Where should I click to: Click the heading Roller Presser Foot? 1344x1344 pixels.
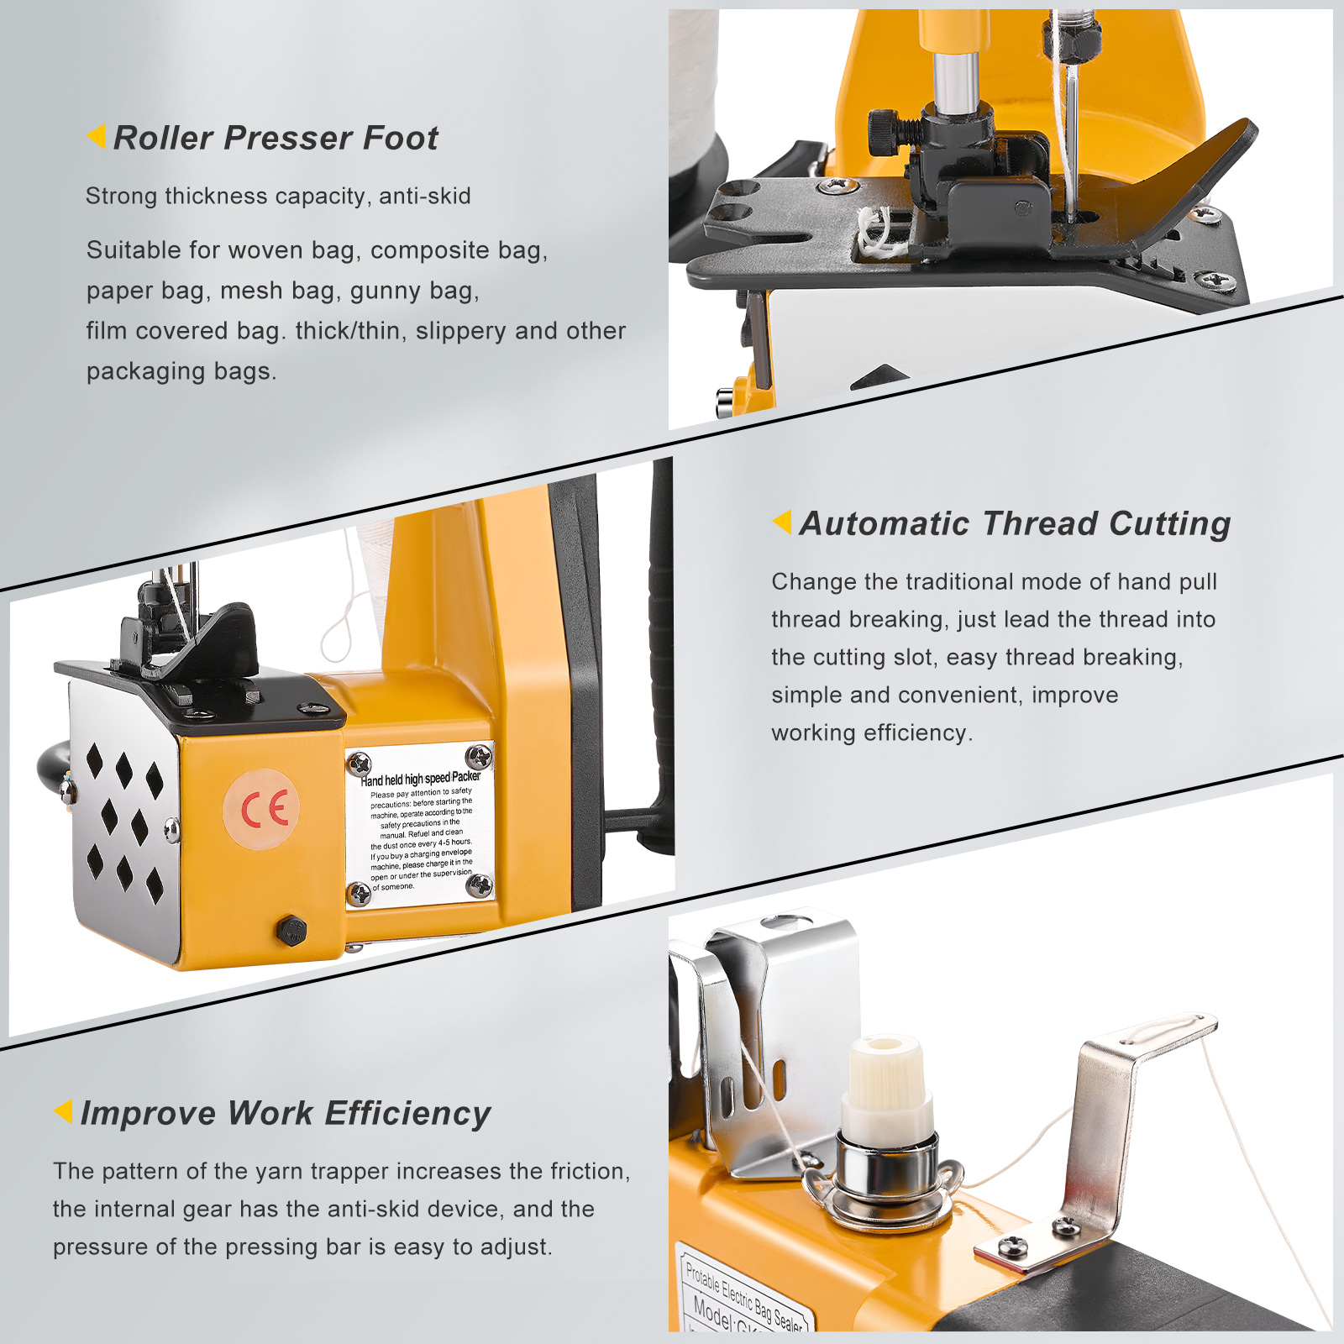pyautogui.click(x=275, y=138)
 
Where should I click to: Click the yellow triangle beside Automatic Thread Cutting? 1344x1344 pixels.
pyautogui.click(x=782, y=522)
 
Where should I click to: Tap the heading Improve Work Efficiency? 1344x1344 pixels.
pyautogui.click(x=286, y=1113)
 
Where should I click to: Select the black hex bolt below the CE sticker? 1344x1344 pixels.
pyautogui.click(x=291, y=930)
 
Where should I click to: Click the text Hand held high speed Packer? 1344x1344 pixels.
pyautogui.click(x=420, y=779)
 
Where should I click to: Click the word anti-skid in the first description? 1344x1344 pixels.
pyautogui.click(x=424, y=197)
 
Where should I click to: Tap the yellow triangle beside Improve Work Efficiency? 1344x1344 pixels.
pyautogui.click(x=64, y=1110)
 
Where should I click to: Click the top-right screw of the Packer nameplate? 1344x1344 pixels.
pyautogui.click(x=479, y=756)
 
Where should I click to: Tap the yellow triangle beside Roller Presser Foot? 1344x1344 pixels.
pyautogui.click(x=97, y=135)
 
